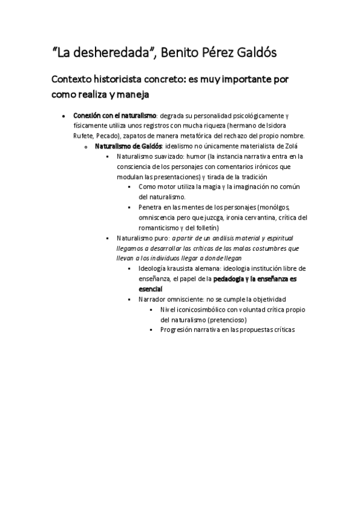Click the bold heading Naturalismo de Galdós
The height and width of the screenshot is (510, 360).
127,146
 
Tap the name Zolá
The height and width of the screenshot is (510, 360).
288,146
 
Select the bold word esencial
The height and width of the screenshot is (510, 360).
150,289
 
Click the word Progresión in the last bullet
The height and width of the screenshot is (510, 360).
178,330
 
